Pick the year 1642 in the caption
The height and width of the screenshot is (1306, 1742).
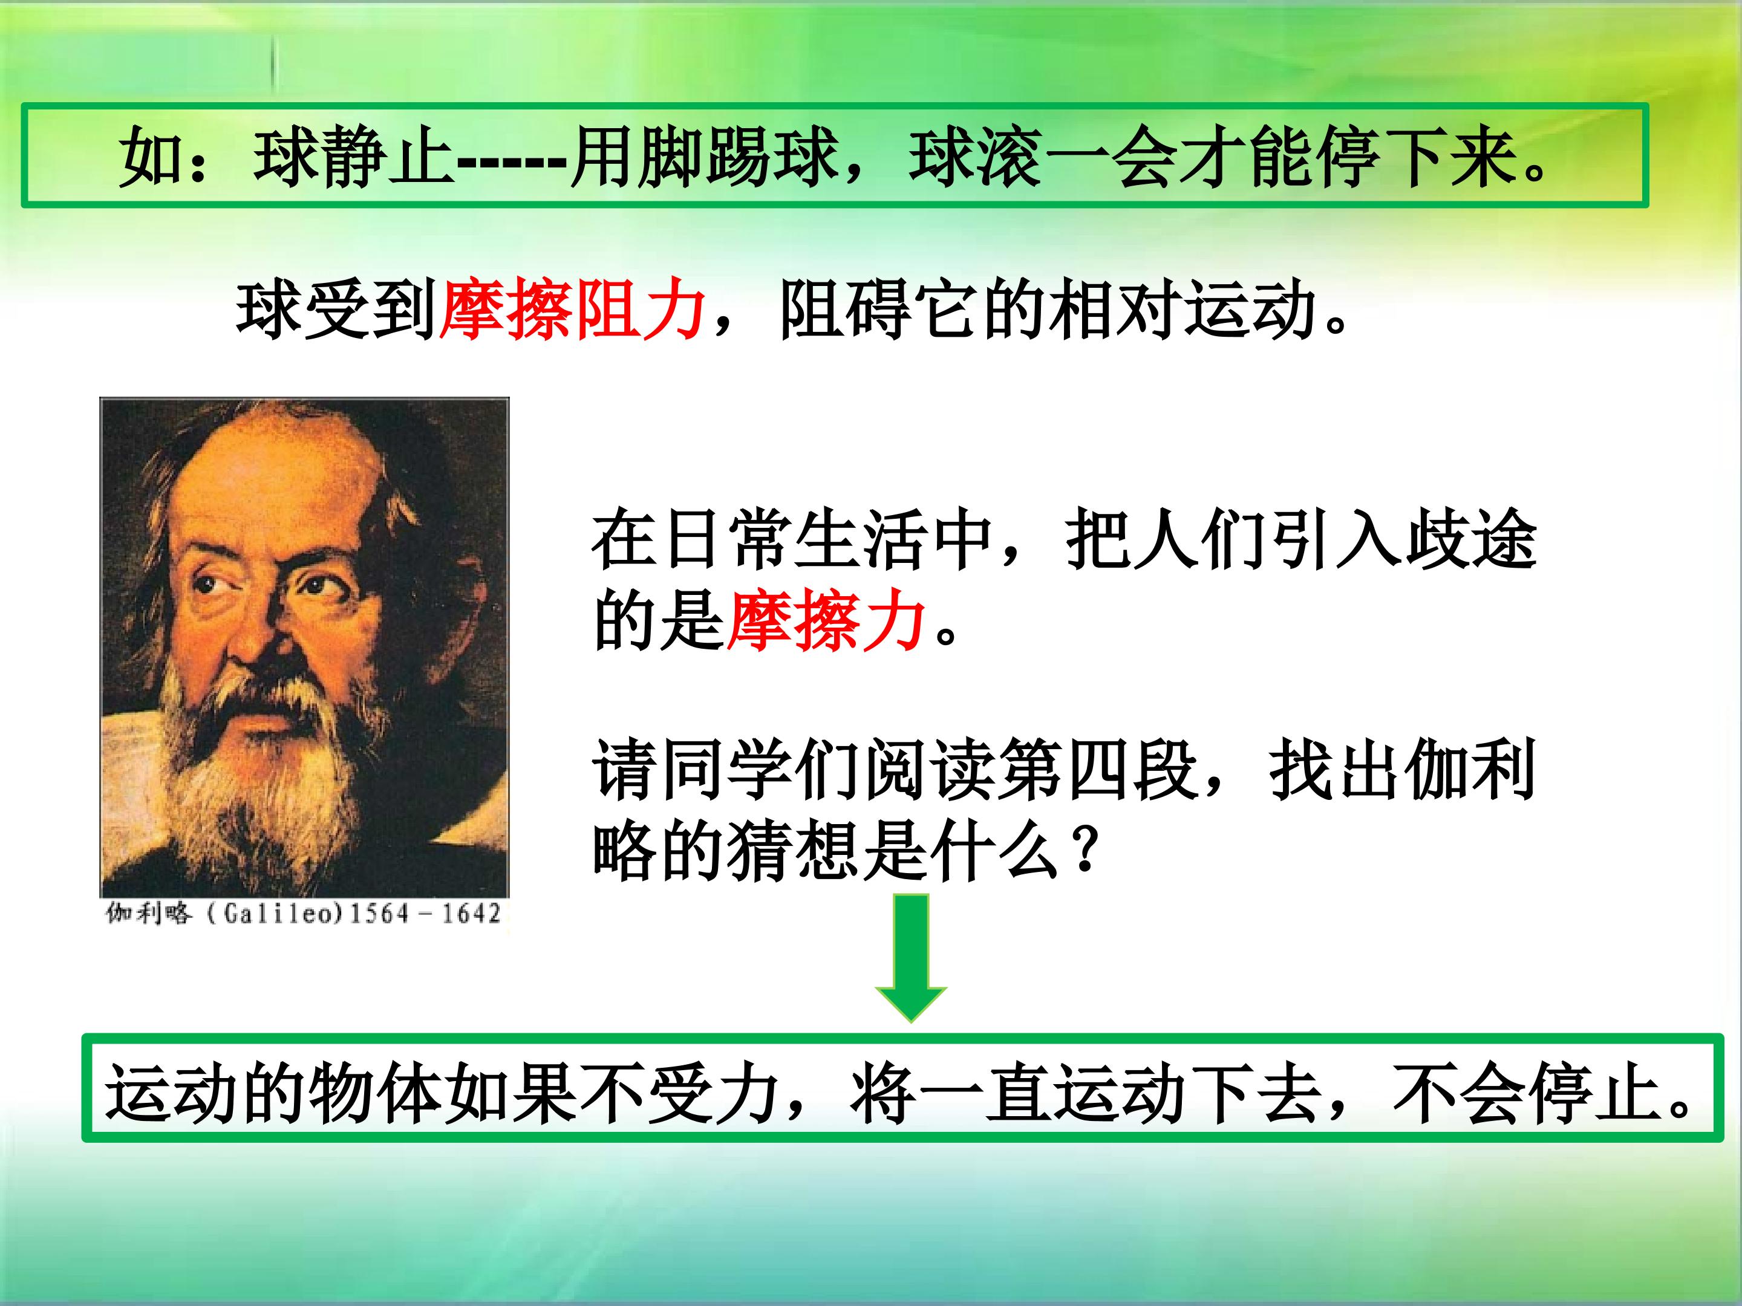tap(470, 914)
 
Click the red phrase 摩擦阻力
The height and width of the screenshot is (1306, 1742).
tap(571, 310)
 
